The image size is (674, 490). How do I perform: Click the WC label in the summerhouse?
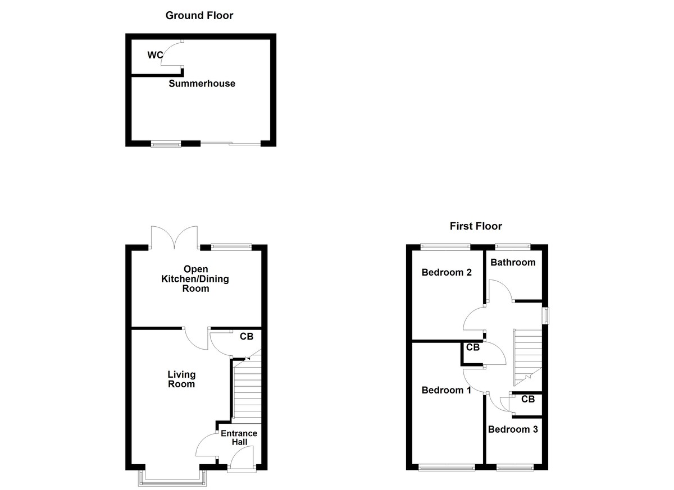tap(155, 55)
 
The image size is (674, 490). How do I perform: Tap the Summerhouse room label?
tap(202, 84)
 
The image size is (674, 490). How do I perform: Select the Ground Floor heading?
tap(199, 15)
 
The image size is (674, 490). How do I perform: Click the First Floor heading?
tap(476, 226)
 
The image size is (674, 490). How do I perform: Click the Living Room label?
tap(181, 379)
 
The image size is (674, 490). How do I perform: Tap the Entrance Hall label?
tap(239, 438)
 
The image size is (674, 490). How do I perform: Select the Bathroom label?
tap(513, 262)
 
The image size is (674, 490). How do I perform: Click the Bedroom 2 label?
tap(447, 273)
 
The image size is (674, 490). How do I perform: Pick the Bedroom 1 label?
tap(447, 390)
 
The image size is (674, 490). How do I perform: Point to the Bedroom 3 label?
tap(513, 429)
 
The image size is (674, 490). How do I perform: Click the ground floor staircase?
tap(247, 390)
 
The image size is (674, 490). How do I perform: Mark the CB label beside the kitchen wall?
tap(247, 337)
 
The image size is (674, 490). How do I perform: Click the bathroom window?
tap(512, 245)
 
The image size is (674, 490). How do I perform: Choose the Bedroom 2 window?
tap(446, 245)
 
